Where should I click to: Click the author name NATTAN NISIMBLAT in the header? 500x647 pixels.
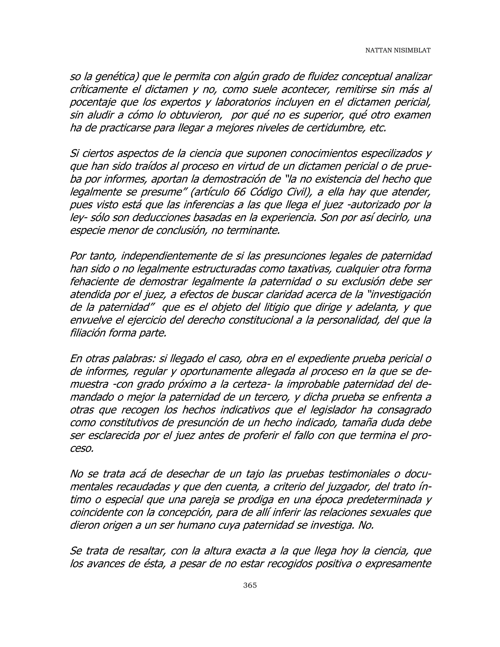point(397,50)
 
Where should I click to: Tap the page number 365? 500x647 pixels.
point(250,585)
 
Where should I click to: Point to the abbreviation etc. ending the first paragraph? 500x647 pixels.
point(378,128)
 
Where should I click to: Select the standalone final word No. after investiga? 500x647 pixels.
point(366,525)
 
